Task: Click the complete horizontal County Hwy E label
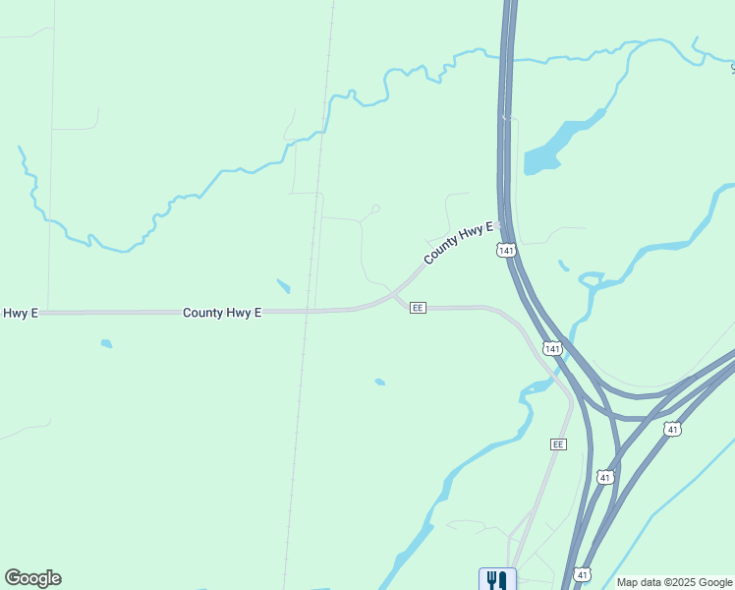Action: [x=222, y=313]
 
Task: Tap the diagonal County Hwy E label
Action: [x=457, y=243]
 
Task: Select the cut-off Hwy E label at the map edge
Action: [x=19, y=313]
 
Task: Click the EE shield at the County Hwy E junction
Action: [x=418, y=308]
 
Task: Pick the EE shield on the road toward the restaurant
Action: [x=558, y=444]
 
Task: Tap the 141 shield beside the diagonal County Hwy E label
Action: [x=506, y=251]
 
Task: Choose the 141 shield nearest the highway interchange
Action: [x=552, y=349]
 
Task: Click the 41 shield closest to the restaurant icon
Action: [x=584, y=573]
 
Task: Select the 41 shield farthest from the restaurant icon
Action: [x=672, y=429]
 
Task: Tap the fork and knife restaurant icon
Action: [x=497, y=580]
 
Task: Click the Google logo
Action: [x=32, y=578]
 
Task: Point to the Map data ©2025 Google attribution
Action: [x=674, y=582]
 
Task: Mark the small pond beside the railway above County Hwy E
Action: [x=283, y=286]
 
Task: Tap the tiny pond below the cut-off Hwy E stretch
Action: [x=106, y=344]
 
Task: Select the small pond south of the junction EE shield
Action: [x=379, y=382]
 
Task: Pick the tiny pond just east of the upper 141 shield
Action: [x=563, y=265]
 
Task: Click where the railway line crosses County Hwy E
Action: [x=308, y=311]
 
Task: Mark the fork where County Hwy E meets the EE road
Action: [x=394, y=294]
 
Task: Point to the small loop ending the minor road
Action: [x=375, y=208]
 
